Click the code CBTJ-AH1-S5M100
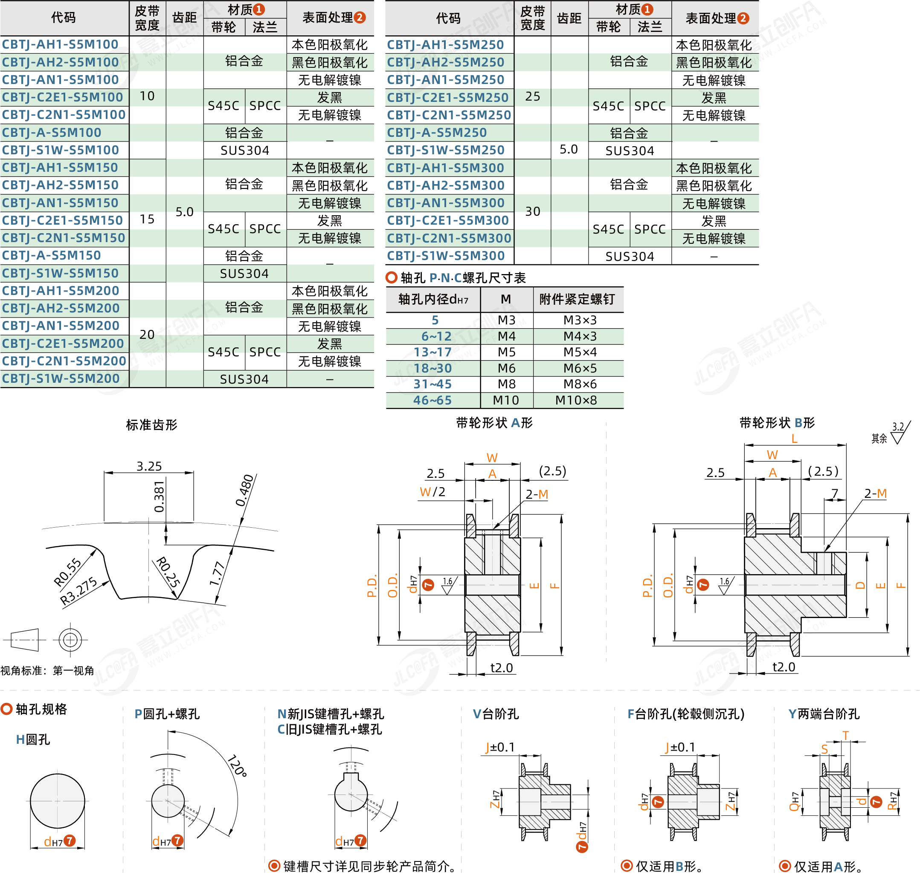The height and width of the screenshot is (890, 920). coord(60,45)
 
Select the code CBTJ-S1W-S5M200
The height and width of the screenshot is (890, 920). coord(61,379)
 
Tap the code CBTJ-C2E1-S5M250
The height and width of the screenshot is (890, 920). coord(448,98)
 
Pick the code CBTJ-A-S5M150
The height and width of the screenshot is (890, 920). coord(52,255)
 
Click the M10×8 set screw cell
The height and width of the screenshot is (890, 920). coord(576,400)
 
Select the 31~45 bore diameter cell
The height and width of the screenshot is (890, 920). coord(433,384)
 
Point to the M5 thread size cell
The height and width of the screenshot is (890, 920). coord(506,352)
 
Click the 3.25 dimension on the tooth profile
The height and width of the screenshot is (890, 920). coord(149,466)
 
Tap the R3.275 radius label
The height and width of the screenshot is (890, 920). coord(79,590)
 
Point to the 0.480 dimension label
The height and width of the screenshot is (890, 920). coord(244,490)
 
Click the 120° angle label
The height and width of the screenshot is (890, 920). coord(238,765)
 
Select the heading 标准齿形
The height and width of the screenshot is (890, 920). coord(151,425)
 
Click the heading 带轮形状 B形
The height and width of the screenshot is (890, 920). coord(777,423)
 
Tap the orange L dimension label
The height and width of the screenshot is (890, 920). coord(795,439)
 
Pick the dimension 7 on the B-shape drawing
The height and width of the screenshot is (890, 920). coord(835,493)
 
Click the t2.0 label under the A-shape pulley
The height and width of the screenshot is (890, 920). coord(502,667)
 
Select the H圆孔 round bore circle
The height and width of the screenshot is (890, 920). coord(58,801)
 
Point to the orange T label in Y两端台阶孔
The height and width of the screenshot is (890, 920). coord(846,735)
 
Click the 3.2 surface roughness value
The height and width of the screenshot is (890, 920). coord(898,427)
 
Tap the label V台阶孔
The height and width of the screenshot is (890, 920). coord(496,714)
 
